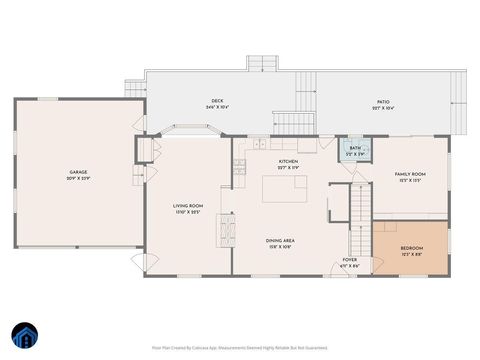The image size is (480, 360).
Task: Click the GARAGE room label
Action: click(x=78, y=171)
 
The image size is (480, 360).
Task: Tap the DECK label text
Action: click(x=217, y=100)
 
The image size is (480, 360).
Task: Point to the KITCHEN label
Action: click(x=288, y=161)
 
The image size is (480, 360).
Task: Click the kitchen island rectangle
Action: click(x=284, y=188)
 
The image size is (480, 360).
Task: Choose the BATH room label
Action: click(x=356, y=149)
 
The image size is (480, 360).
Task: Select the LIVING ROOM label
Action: click(x=188, y=206)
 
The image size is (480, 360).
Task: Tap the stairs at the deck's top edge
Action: click(x=262, y=63)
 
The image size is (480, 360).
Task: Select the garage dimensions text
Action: click(x=78, y=178)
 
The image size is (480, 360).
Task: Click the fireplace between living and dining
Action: click(x=226, y=230)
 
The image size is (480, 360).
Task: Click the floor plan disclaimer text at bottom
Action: click(x=240, y=348)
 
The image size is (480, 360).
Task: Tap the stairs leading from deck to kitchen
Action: click(x=293, y=123)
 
